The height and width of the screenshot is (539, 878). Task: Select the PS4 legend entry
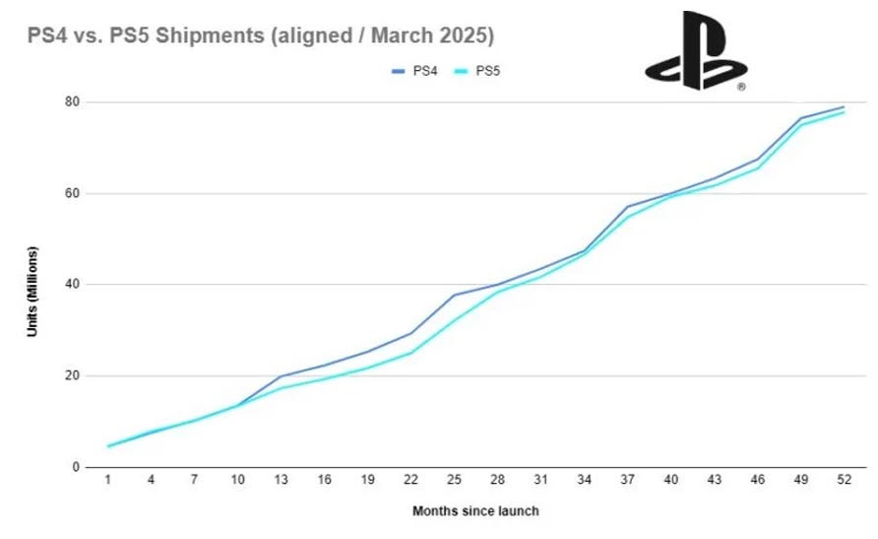(420, 71)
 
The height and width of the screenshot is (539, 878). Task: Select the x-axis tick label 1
(107, 481)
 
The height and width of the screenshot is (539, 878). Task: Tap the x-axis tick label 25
(453, 481)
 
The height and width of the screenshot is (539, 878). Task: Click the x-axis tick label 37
(626, 481)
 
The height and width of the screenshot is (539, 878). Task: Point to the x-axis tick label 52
(843, 481)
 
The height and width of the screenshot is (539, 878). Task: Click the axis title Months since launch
(475, 510)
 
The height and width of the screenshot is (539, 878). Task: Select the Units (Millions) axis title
(32, 284)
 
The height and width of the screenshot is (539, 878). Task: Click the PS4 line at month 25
(453, 295)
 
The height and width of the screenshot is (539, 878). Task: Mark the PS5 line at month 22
(409, 353)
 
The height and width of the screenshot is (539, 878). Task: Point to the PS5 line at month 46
(756, 168)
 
